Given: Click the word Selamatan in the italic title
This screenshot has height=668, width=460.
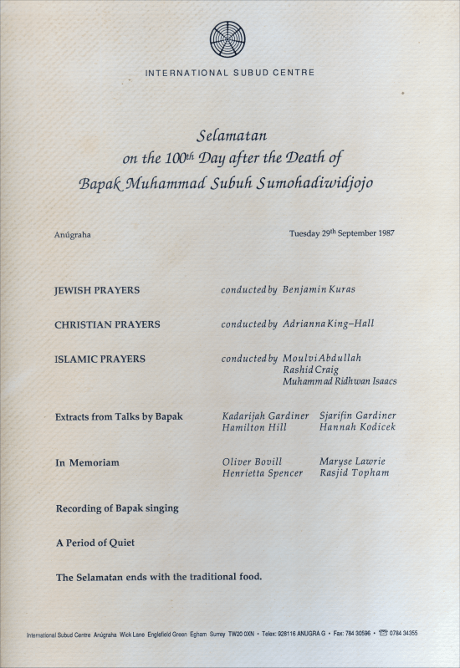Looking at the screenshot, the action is coord(231,134).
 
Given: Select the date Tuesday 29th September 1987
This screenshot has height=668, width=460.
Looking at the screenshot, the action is coord(341,233).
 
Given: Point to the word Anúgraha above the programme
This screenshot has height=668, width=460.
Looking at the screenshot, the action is coord(73,235).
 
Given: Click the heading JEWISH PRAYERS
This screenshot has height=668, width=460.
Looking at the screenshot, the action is coord(97,290).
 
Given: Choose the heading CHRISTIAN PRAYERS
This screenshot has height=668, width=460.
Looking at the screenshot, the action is coord(107,324).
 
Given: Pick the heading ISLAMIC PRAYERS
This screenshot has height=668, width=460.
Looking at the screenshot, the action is coord(100,359).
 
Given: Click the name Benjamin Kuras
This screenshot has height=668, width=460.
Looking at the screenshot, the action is coord(319,290).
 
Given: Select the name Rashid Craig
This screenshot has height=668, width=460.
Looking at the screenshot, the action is coord(310,370).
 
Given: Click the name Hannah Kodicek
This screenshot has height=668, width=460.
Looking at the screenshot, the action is coord(357,427).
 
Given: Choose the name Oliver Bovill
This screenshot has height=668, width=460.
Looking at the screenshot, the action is coord(252,461).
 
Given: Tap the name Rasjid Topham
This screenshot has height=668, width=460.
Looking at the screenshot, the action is coord(354,473).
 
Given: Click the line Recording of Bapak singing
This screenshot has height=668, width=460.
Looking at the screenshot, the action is coord(117,507).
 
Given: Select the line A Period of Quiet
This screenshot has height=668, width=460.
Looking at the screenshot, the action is coord(95,542).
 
